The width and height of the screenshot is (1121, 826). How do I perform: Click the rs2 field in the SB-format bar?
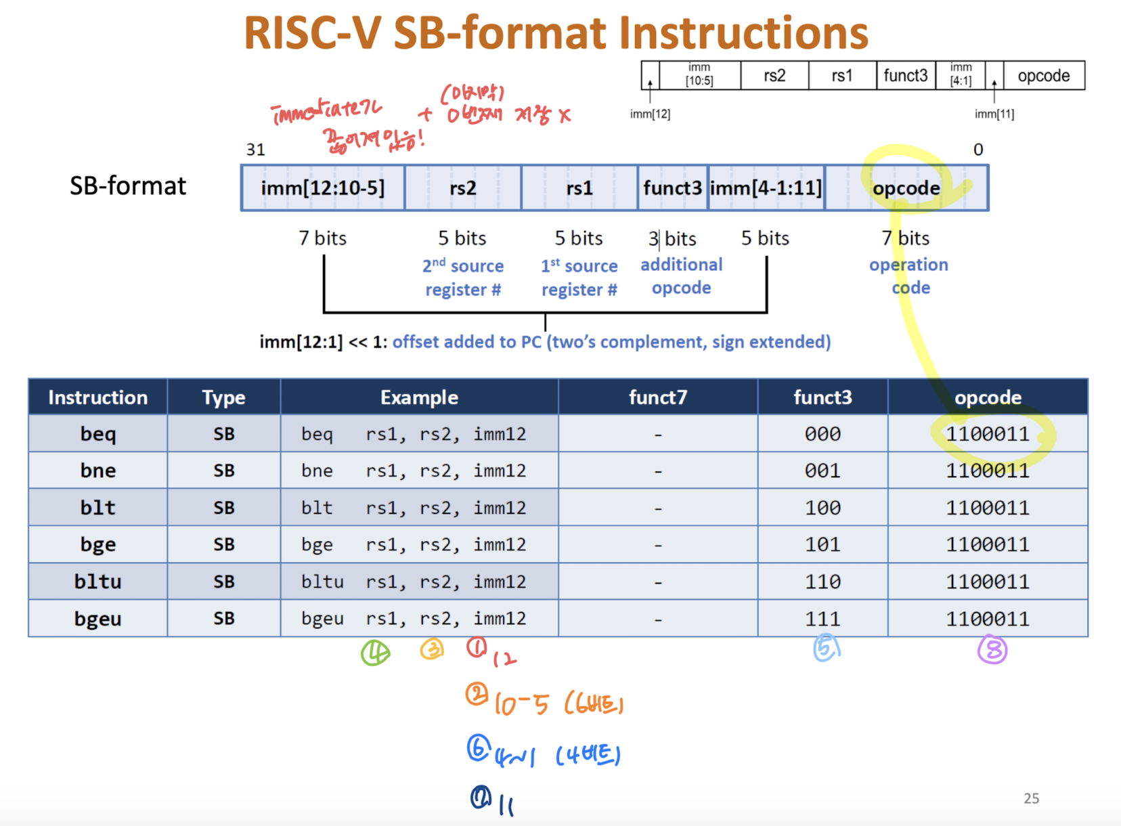pos(463,188)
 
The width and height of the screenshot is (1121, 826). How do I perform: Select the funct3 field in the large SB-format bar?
pos(672,188)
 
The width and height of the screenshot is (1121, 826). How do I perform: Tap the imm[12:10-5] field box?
pos(323,188)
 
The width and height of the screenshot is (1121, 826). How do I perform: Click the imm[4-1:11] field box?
pos(766,188)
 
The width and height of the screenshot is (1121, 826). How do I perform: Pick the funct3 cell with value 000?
pos(822,434)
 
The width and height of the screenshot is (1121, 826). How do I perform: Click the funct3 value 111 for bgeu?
pos(822,619)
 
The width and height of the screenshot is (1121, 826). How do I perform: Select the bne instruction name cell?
pos(98,471)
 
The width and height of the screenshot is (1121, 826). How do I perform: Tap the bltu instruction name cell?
pos(98,582)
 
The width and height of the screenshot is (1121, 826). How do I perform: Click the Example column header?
pos(419,397)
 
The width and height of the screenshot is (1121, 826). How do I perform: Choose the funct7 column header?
pos(658,397)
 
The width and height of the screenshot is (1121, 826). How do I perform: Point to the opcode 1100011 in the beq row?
pos(988,434)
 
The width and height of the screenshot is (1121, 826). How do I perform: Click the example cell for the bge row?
pos(414,544)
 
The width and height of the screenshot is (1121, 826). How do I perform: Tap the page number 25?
pos(1031,798)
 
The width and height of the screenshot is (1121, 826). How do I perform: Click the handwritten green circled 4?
pos(375,653)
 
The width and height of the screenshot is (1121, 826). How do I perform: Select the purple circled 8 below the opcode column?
pos(992,651)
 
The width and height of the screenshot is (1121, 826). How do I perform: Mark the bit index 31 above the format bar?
pos(255,150)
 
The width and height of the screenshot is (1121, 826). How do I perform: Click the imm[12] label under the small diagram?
pos(650,114)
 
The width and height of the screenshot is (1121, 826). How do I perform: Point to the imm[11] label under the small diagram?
pos(994,114)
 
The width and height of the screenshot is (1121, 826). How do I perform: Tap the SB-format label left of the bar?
pos(128,186)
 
